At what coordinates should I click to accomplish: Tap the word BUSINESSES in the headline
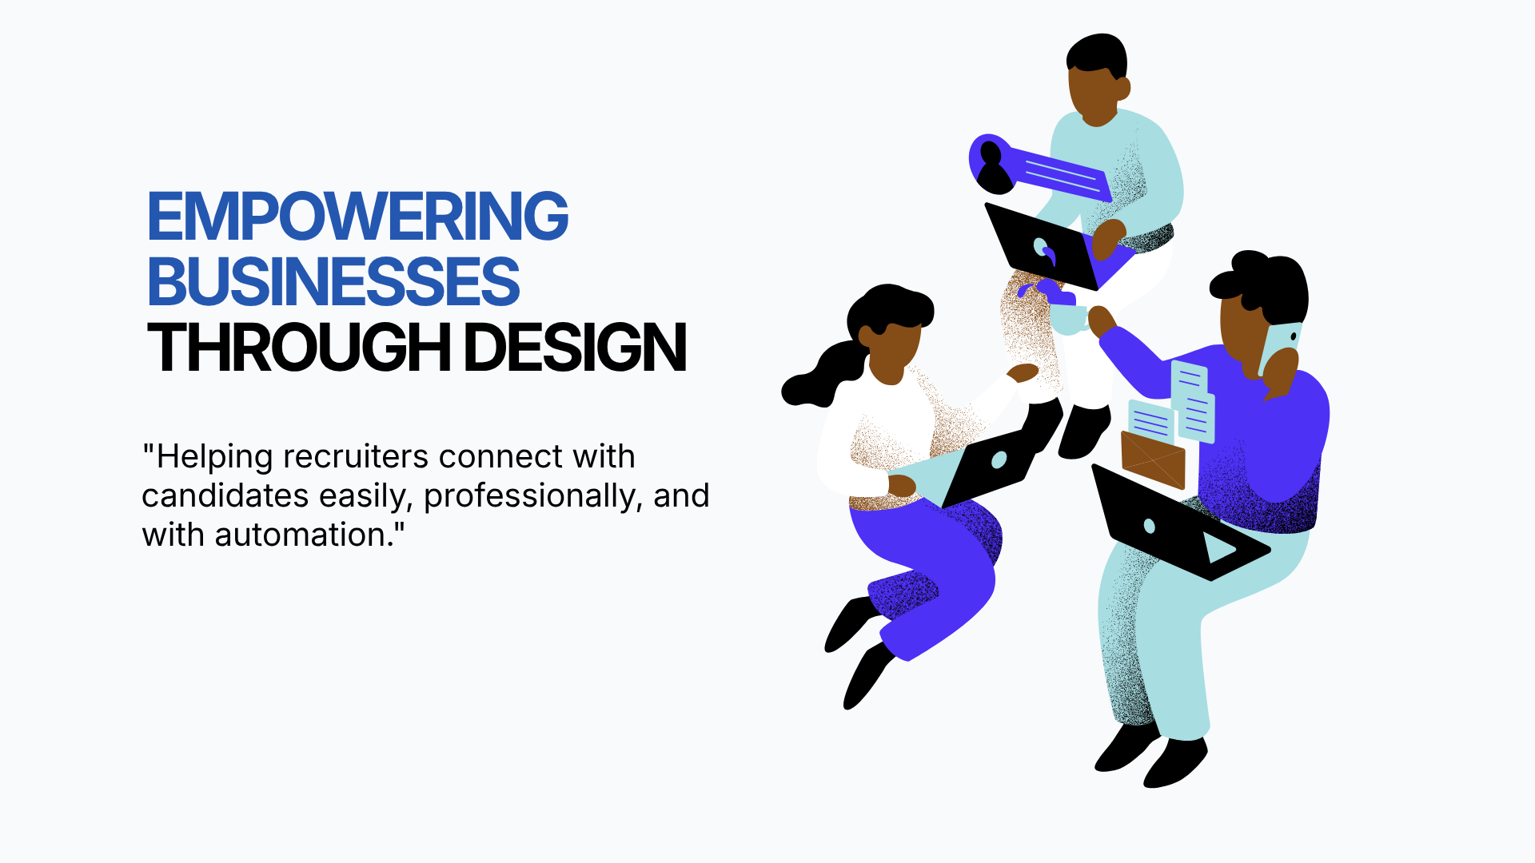click(x=333, y=281)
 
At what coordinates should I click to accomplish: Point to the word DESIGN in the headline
click(x=576, y=348)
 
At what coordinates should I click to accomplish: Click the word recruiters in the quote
click(x=357, y=456)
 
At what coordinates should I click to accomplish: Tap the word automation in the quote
click(x=301, y=535)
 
